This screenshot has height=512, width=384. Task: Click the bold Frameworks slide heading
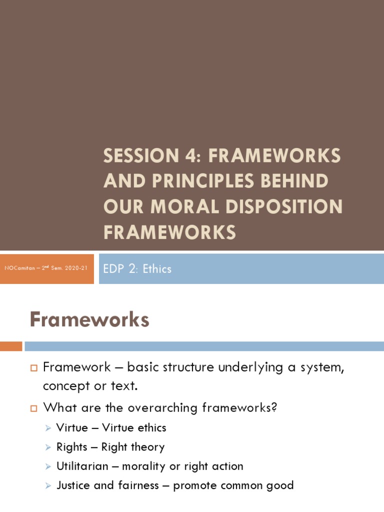coord(89,319)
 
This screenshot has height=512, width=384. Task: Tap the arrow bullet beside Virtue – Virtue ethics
coord(47,428)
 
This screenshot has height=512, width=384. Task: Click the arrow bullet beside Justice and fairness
coord(47,486)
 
